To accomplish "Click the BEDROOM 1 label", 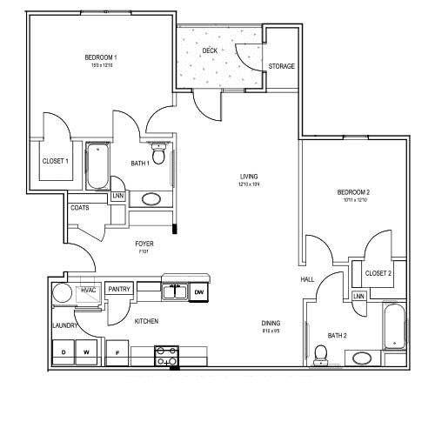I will tap(101, 58).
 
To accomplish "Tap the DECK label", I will tap(209, 51).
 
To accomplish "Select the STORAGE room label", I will tap(281, 66).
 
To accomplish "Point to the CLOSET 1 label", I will tap(55, 161).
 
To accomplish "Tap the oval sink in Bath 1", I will tap(151, 198).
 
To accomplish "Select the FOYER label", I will tap(144, 244).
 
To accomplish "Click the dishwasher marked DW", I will tap(199, 292).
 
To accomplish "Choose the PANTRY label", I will tap(119, 290).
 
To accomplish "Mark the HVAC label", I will tap(88, 290).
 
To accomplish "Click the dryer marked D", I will tap(64, 352).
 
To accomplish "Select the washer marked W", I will tap(87, 352).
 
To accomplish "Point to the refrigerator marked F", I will tap(117, 352).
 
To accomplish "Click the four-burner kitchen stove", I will tap(166, 355).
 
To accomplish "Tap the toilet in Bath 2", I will tap(320, 353).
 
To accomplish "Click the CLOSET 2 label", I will tap(378, 273).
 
